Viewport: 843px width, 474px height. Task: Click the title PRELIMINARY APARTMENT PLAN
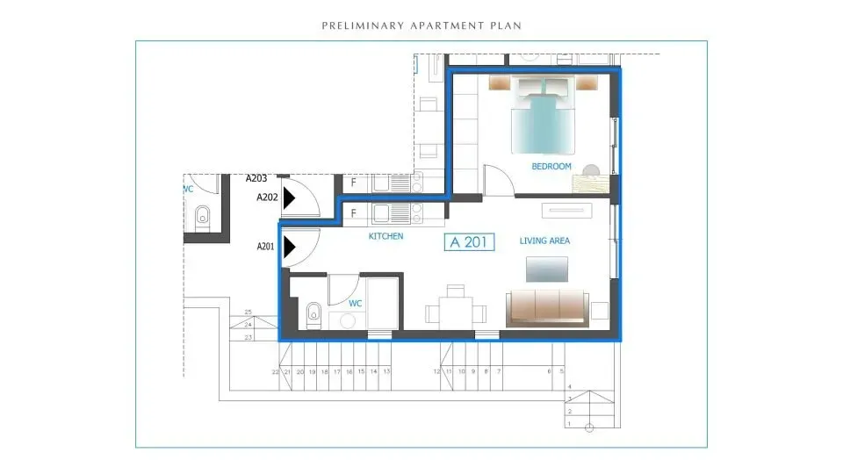pyautogui.click(x=421, y=25)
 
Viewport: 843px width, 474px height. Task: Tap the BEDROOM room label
pyautogui.click(x=551, y=167)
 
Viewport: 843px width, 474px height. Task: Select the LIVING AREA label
pyautogui.click(x=544, y=241)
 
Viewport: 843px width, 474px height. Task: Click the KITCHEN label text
pyautogui.click(x=385, y=237)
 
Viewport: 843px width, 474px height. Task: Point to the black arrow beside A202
pyautogui.click(x=288, y=198)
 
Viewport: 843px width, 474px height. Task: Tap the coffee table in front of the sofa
pyautogui.click(x=546, y=268)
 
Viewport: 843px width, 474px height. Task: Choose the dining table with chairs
pyautogui.click(x=455, y=311)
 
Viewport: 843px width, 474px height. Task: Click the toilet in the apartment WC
pyautogui.click(x=312, y=312)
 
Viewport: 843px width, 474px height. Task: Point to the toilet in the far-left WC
pyautogui.click(x=203, y=214)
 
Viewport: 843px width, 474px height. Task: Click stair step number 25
pyautogui.click(x=249, y=312)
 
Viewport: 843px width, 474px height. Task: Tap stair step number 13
pyautogui.click(x=386, y=372)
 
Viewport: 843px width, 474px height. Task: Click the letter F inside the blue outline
pyautogui.click(x=353, y=213)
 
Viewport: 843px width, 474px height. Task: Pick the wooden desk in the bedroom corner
pyautogui.click(x=589, y=183)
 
